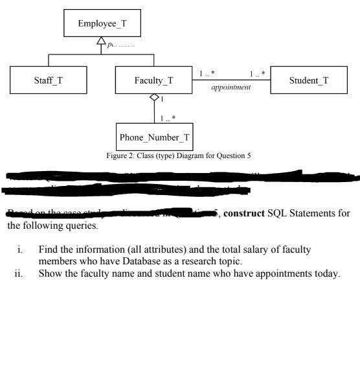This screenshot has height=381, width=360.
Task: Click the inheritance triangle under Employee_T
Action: click(100, 41)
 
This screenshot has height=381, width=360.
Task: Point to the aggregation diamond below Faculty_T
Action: click(153, 98)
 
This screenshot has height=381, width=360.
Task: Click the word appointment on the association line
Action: click(231, 87)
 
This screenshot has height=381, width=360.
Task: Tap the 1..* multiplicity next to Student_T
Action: click(258, 74)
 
